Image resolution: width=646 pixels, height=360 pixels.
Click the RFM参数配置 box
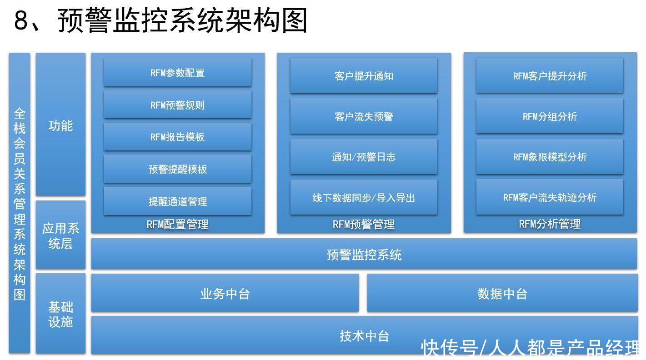(178, 73)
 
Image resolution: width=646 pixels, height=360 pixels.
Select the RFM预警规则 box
(178, 105)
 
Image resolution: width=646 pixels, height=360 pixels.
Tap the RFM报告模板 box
(178, 137)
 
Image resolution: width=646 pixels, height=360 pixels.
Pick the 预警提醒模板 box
(178, 169)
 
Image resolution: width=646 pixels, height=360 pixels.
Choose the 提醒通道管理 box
(178, 201)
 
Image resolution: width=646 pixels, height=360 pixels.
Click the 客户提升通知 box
(364, 76)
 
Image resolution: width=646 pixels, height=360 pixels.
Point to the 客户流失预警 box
(364, 116)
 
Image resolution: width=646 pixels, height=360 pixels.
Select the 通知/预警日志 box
(364, 157)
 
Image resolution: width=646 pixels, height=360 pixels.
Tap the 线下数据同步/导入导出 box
(364, 198)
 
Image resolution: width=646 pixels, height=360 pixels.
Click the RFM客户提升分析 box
(550, 76)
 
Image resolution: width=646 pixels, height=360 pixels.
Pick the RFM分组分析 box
(550, 116)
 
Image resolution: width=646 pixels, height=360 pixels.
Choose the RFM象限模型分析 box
(550, 157)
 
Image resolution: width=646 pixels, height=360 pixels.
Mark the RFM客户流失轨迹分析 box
(550, 197)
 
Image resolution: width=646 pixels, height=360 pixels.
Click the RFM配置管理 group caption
(177, 225)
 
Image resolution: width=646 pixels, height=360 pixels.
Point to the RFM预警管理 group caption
(364, 225)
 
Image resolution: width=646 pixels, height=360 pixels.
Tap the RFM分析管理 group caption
(550, 224)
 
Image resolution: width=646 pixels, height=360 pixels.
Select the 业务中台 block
(225, 293)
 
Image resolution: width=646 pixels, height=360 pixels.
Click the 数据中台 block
(502, 293)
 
